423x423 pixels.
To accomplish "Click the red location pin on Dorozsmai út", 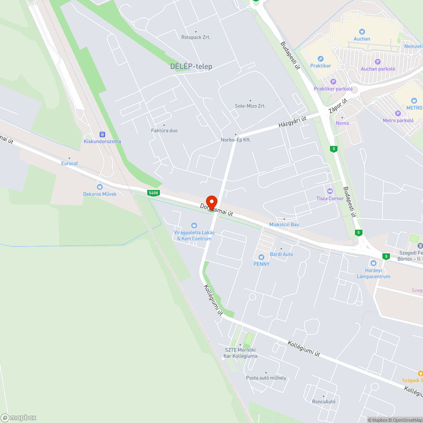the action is pos(211,202).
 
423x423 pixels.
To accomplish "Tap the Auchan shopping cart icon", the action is pos(362,31).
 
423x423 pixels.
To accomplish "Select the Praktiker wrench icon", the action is pos(320,59).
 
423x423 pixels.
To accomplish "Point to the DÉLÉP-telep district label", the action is pos(191,66).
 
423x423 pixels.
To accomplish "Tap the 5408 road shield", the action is pos(154,193).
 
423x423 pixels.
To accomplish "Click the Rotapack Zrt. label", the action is pos(195,37).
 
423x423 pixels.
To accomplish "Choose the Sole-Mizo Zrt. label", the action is pos(250,106).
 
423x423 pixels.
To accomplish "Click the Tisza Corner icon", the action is pos(330,191).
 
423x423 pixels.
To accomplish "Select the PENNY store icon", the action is pos(261,256).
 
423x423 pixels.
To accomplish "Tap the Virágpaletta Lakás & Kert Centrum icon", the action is pos(194,225).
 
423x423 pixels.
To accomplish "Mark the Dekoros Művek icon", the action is pos(100,187).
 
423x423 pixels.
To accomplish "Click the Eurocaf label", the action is pos(69,163).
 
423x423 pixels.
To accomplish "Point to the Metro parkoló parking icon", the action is pos(398,113).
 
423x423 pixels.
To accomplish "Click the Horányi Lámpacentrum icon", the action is pos(373,263).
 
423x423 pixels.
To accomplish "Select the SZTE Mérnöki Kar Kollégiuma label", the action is pos(240,353).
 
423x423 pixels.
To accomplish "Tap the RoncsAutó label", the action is pos(324,401).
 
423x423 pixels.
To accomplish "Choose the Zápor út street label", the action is pos(338,106).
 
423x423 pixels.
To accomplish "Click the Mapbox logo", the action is pos(19,417).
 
